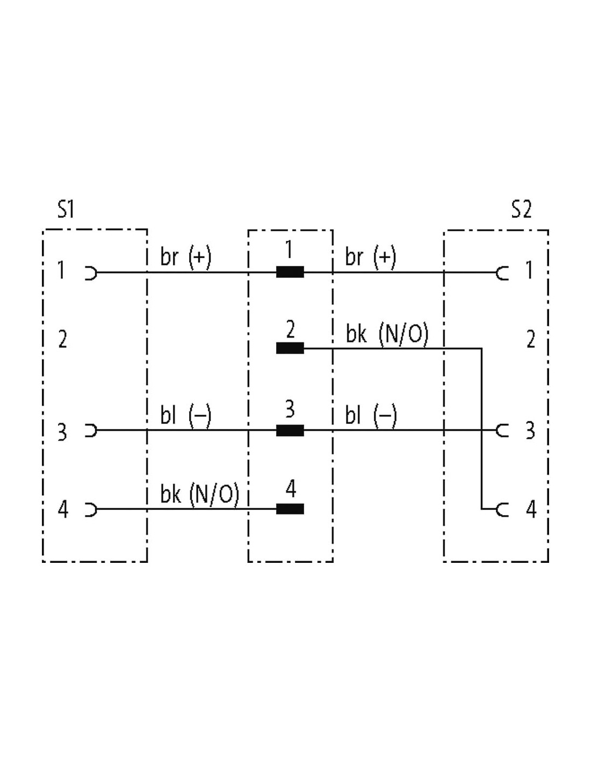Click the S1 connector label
click(66, 209)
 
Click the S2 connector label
click(521, 209)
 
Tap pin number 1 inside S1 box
click(61, 270)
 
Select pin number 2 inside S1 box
click(62, 339)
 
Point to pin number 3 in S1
click(62, 431)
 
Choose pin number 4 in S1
click(63, 510)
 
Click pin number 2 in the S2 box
click(530, 339)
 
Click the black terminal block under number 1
click(290, 272)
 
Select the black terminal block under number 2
click(290, 348)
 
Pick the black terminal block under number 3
click(290, 430)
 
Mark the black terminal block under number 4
click(290, 509)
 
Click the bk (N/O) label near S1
click(200, 494)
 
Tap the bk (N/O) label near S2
click(387, 333)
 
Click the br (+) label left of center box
click(186, 256)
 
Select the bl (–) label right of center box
click(371, 415)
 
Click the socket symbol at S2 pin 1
click(502, 272)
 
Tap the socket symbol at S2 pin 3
click(502, 430)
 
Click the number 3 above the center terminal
click(290, 409)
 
